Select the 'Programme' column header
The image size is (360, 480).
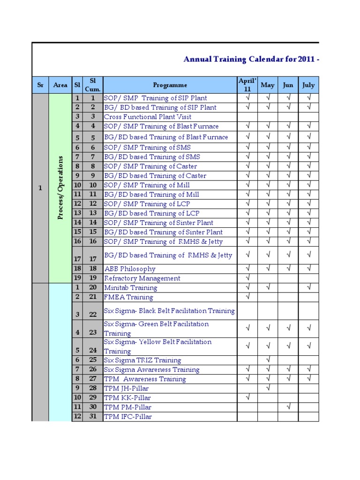tap(170, 85)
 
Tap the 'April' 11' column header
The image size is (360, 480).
tap(247, 85)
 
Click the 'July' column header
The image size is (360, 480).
tap(309, 85)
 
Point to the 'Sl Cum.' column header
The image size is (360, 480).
tap(93, 85)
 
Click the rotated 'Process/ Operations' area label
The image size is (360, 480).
tap(60, 188)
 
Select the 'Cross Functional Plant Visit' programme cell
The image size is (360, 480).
tap(148, 117)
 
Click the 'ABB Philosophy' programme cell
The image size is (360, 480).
tap(129, 269)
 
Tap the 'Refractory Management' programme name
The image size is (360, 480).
tap(142, 278)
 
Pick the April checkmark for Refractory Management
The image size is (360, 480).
tap(247, 278)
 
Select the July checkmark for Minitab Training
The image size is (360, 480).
tap(309, 287)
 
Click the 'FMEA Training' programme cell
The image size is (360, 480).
tap(128, 297)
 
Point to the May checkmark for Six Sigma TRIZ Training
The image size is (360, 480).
tap(268, 360)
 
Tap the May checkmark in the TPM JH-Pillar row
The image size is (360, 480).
tap(268, 388)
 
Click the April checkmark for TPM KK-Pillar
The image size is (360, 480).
tap(247, 397)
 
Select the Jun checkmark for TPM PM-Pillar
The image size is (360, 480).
tap(288, 407)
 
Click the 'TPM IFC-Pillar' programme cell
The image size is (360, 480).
tap(128, 416)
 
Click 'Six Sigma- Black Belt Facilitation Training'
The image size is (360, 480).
tap(169, 311)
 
